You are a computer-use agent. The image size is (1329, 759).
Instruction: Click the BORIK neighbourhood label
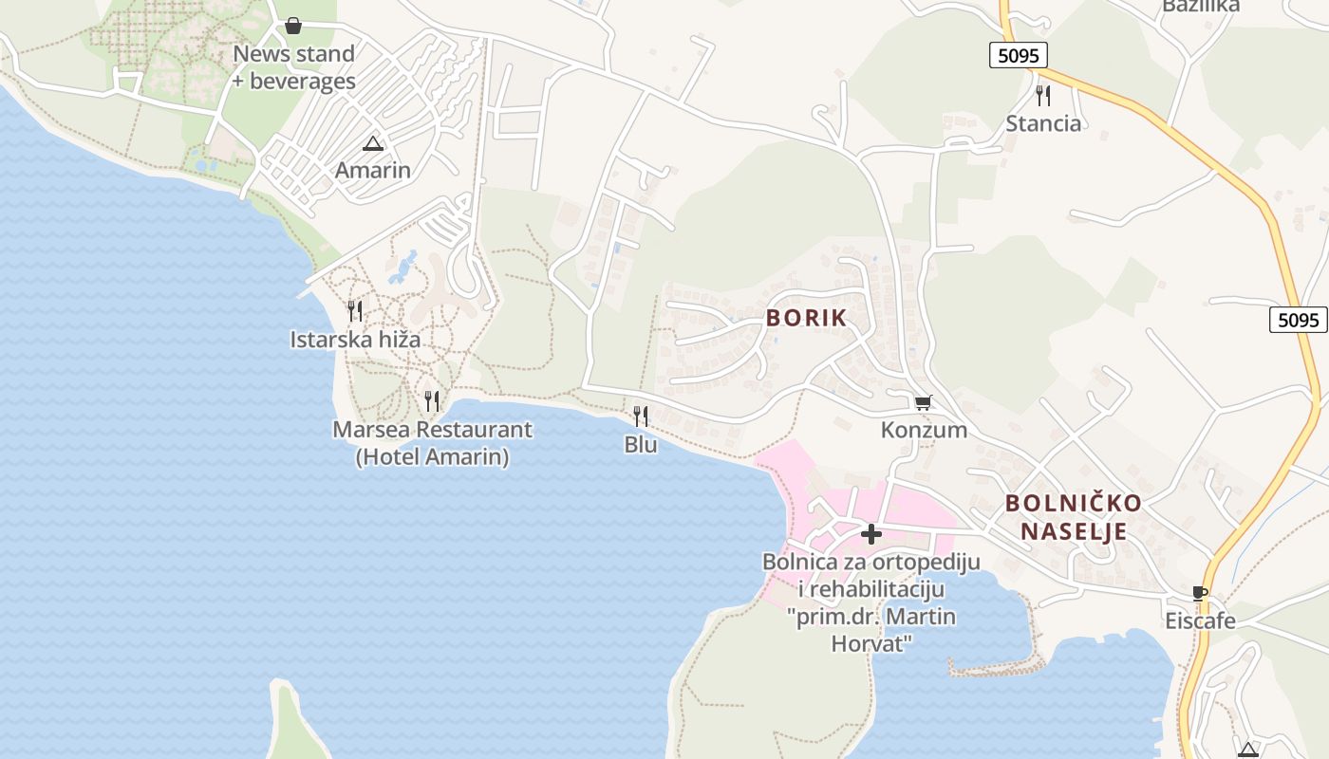point(806,318)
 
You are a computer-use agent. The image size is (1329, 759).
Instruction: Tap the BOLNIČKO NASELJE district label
point(1073,517)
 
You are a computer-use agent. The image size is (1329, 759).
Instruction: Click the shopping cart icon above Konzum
point(923,402)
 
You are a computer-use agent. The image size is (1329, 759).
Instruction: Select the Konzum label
point(924,430)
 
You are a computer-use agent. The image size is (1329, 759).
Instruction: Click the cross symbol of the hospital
point(870,534)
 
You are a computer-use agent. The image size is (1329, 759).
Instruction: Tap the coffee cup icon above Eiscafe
point(1200,594)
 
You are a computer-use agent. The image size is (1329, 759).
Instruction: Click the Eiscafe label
point(1201,621)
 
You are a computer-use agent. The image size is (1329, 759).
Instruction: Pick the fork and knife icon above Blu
point(641,416)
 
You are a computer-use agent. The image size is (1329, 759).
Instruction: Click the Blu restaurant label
point(641,444)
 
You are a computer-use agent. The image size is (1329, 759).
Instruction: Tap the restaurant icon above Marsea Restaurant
point(432,400)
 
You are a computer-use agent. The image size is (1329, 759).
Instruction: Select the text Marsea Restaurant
point(432,430)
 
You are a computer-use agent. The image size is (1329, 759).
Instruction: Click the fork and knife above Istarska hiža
point(355,310)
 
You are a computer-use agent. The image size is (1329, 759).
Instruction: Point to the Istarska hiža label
point(355,339)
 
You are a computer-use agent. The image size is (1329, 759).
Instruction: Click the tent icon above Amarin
point(373,144)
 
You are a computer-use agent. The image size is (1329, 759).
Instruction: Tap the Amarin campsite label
point(373,171)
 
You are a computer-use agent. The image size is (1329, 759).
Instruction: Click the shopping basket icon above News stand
point(293,26)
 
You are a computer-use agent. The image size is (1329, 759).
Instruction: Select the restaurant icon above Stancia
point(1043,95)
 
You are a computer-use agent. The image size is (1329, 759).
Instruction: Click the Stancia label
point(1043,123)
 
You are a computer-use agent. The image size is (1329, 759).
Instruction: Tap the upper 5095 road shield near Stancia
point(1018,55)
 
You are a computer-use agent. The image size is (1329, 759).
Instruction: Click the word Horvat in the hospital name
point(871,643)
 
